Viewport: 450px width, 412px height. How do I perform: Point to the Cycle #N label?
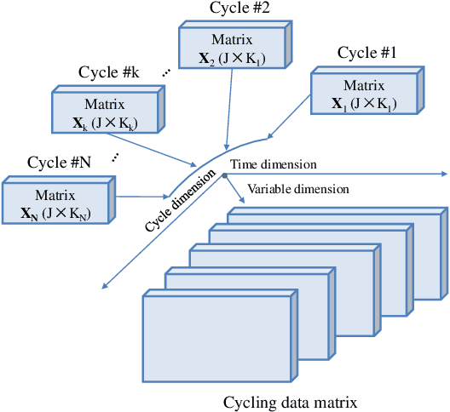(59, 162)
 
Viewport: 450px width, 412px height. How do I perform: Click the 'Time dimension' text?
(274, 163)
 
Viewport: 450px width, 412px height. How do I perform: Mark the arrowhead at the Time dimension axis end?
(444, 174)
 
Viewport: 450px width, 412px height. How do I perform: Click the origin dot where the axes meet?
(224, 175)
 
